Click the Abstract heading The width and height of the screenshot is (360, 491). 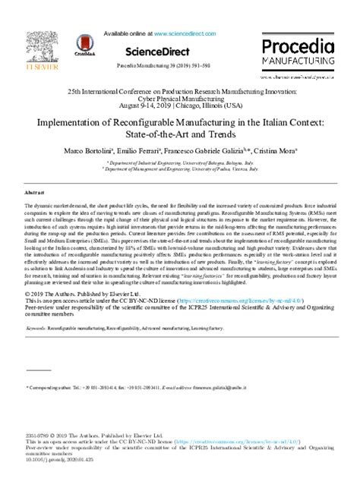[36, 194]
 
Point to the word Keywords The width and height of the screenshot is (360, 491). [36, 329]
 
